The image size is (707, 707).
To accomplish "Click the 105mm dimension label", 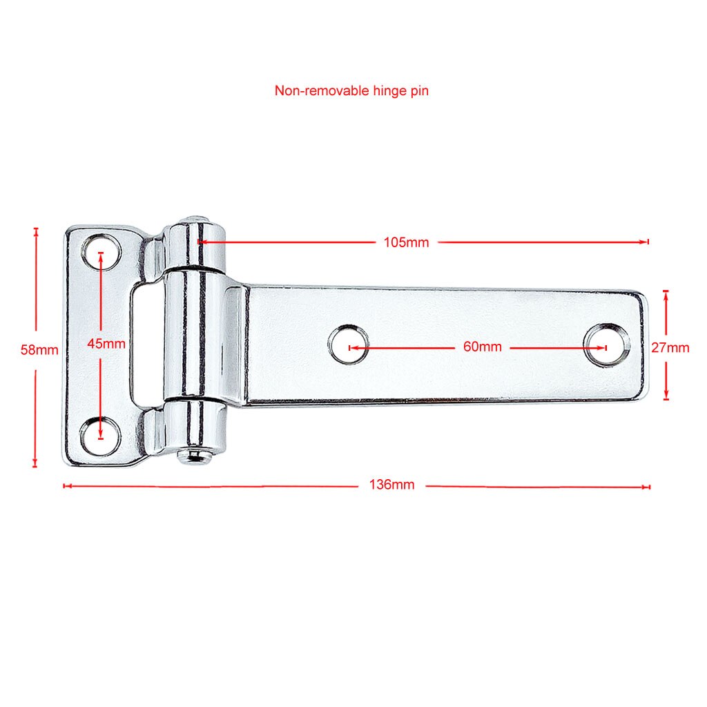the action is [x=406, y=242].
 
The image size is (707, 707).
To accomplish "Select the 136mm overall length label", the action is [x=392, y=485].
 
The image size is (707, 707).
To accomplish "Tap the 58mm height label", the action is [x=39, y=350].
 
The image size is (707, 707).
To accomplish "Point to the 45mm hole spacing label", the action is [x=106, y=344].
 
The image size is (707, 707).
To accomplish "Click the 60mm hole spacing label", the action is [x=483, y=347].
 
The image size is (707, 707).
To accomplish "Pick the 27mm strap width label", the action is [x=670, y=348].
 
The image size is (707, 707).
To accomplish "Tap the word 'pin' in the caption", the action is [x=419, y=92].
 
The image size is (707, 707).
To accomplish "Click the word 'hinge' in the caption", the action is [x=390, y=92].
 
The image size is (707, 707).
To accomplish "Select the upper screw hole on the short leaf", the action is [x=101, y=252].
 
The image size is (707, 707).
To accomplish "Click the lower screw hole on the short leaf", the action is [x=101, y=436].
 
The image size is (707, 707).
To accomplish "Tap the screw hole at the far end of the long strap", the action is [x=606, y=345].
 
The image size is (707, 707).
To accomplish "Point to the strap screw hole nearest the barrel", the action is [x=349, y=345].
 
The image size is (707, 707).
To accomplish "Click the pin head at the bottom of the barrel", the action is [x=194, y=456].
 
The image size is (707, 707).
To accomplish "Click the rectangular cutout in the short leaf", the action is [x=147, y=345].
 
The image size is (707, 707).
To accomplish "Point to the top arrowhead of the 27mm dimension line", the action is [x=666, y=294].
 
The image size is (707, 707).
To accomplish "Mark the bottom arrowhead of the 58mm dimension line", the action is [x=35, y=463].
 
